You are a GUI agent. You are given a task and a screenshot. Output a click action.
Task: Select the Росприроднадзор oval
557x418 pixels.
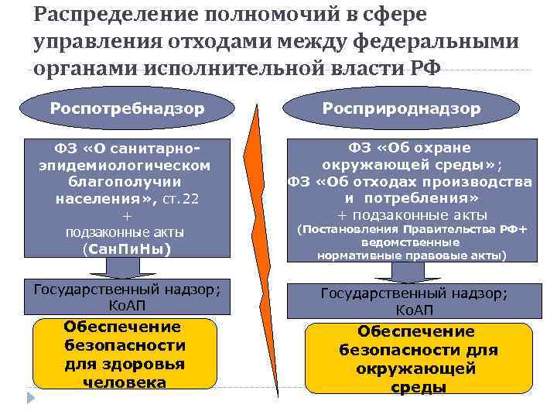click(x=417, y=108)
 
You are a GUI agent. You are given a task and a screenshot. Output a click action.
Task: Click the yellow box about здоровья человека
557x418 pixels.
click(x=125, y=355)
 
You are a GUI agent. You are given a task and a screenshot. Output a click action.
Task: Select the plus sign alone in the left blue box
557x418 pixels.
click(x=127, y=215)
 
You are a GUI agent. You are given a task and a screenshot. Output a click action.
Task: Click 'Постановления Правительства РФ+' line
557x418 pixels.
click(x=412, y=229)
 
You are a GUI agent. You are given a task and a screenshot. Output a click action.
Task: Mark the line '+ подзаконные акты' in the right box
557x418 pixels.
click(x=412, y=214)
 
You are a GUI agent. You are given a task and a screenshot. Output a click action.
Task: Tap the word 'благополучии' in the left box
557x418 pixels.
click(x=125, y=182)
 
